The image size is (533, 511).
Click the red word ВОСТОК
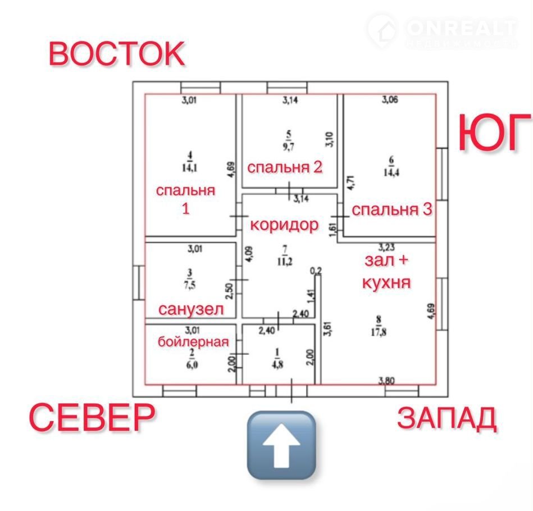pos(116,53)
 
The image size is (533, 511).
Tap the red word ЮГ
pos(495,134)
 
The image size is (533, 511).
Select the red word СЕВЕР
pos(92,417)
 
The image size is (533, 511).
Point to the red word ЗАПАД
pos(447,418)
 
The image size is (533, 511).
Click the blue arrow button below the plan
pos(281,445)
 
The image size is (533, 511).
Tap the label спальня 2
pos(285,167)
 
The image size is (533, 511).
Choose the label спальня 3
pos(392,210)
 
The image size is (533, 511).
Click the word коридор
pos(284,225)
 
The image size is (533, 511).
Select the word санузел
pos(191,309)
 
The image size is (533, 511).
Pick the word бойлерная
pos(193,342)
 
